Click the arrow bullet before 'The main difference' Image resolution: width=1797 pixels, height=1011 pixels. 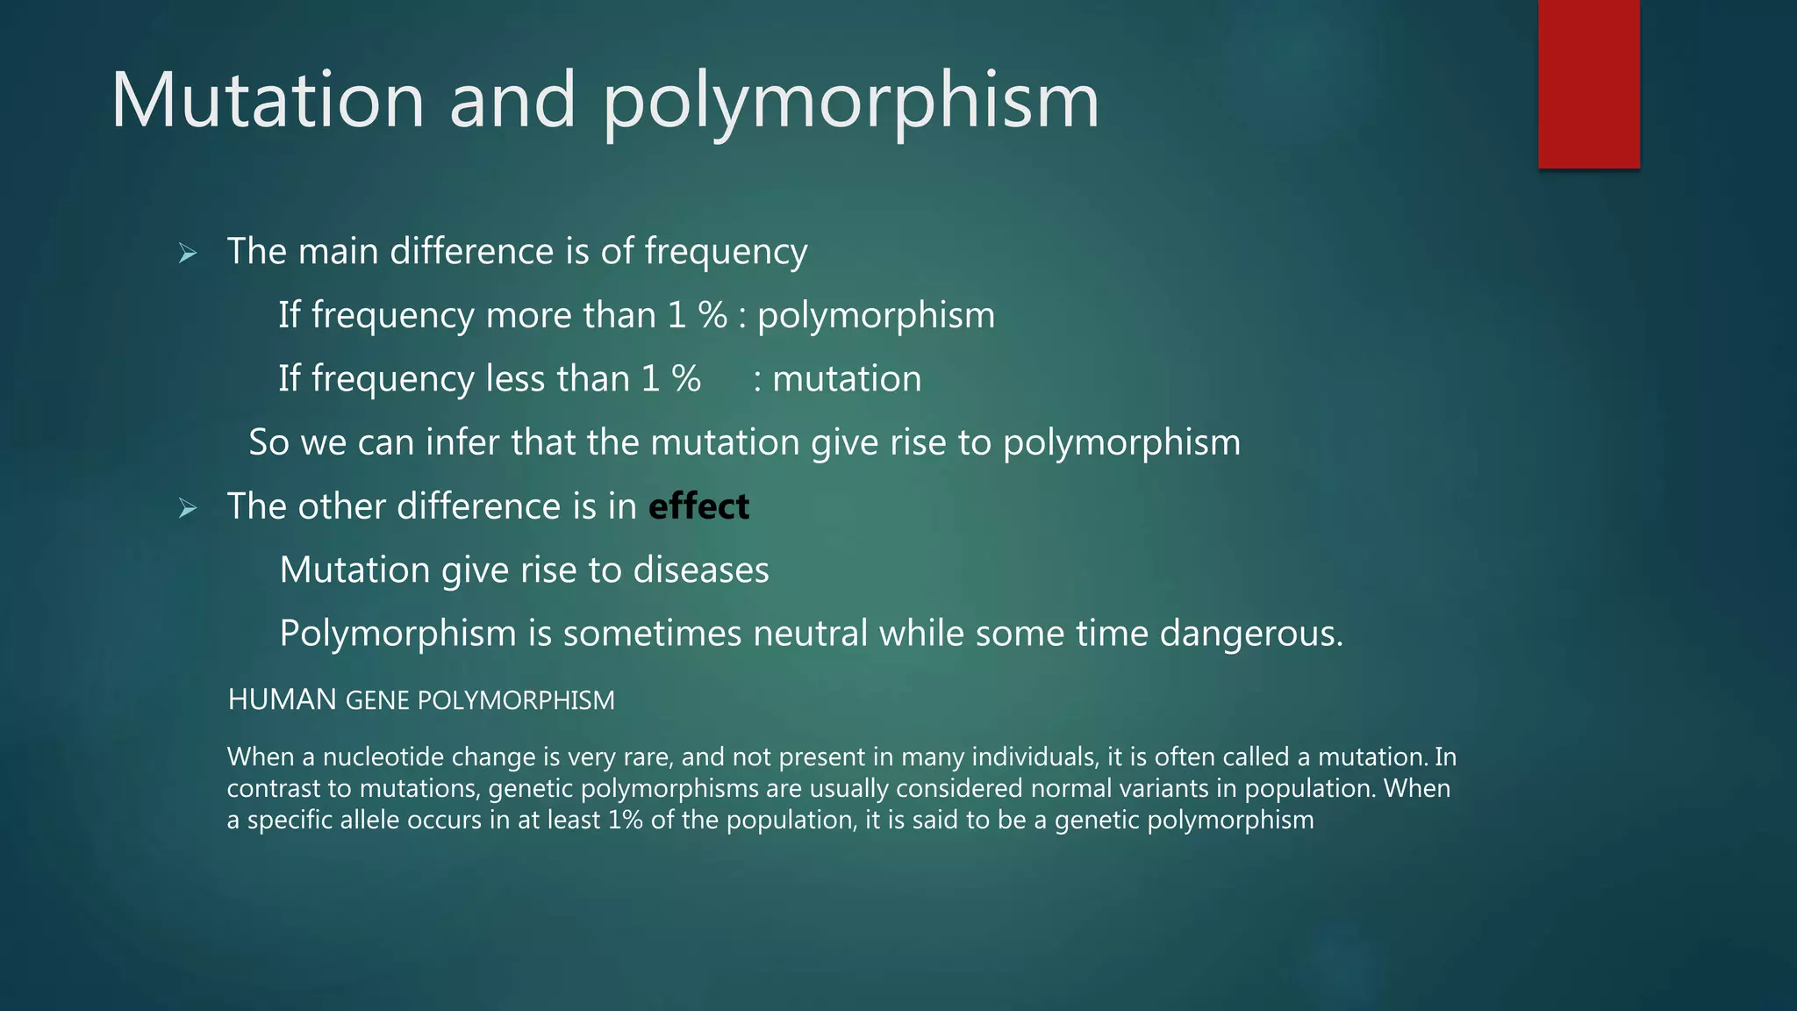pos(187,254)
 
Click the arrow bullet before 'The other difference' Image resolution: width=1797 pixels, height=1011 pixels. pos(187,507)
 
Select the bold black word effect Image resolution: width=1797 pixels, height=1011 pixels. pos(698,506)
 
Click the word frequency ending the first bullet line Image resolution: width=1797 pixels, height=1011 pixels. pos(726,252)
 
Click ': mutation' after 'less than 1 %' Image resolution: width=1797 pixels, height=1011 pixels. pos(838,379)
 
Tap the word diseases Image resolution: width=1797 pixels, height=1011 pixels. pos(701,570)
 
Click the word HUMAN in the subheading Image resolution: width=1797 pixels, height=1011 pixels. pos(282,699)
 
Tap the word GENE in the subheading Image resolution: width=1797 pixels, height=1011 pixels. pos(377,700)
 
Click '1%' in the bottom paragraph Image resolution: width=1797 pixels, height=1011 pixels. pos(625,820)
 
